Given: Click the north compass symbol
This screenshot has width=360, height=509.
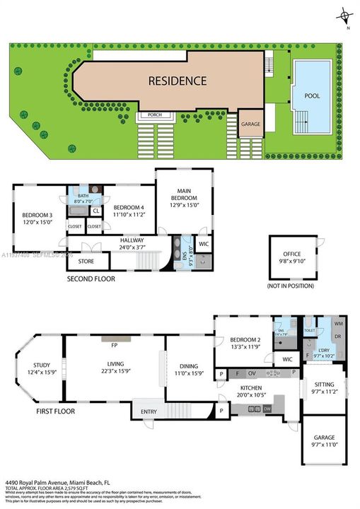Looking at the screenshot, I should pyautogui.click(x=344, y=15).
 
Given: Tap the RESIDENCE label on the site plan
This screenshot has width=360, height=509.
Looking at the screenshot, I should pyautogui.click(x=178, y=81).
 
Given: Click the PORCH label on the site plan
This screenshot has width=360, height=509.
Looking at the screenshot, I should pyautogui.click(x=154, y=115).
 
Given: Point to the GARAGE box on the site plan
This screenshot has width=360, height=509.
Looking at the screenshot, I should pyautogui.click(x=250, y=123).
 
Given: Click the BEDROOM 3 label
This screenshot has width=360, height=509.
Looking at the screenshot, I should pyautogui.click(x=37, y=215).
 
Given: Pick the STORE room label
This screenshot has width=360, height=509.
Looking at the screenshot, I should pyautogui.click(x=86, y=262).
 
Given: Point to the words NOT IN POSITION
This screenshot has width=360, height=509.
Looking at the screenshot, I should pyautogui.click(x=292, y=286).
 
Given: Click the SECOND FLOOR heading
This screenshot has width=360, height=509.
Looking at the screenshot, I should pyautogui.click(x=91, y=279).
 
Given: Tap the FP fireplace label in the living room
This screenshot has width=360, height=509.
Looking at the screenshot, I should pyautogui.click(x=113, y=346).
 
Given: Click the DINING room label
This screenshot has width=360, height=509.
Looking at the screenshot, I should pyautogui.click(x=189, y=365).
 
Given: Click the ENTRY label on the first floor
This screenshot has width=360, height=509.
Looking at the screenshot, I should pyautogui.click(x=149, y=411).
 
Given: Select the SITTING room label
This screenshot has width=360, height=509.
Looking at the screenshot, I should pyautogui.click(x=324, y=385).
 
